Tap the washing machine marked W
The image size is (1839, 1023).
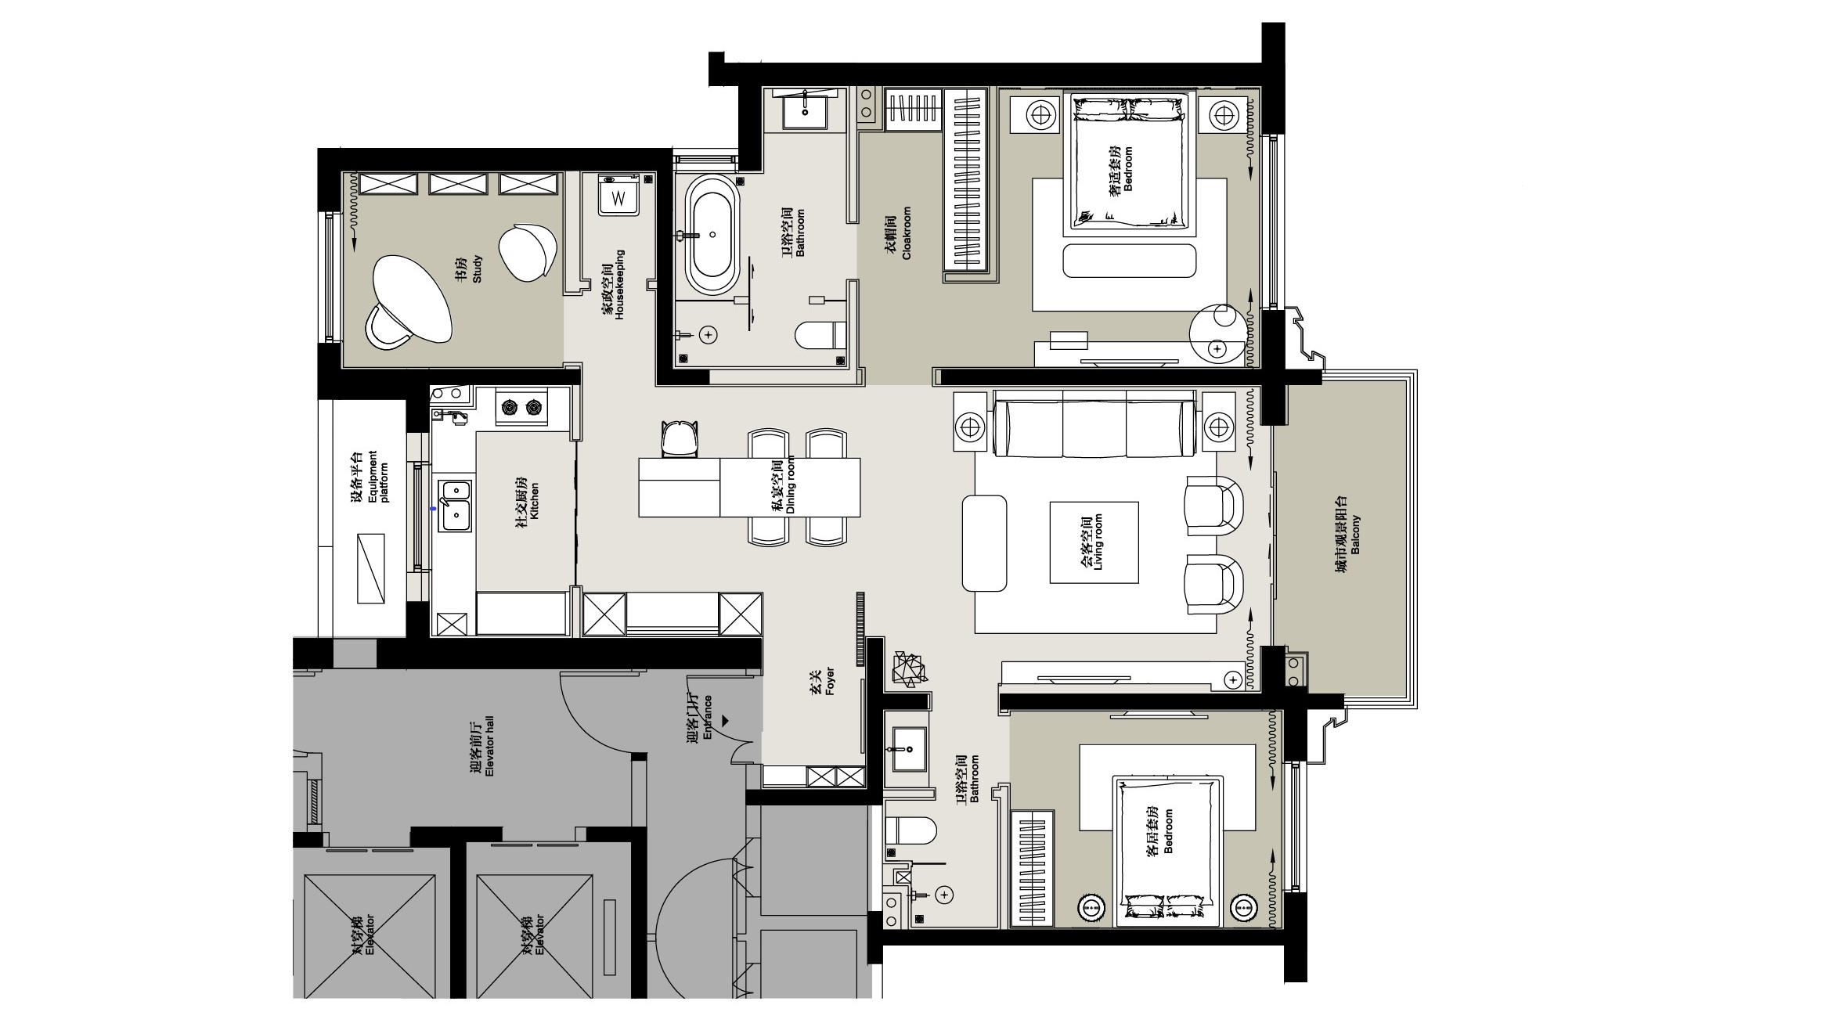[618, 194]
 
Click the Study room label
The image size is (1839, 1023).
[471, 268]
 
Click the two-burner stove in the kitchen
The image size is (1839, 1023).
[521, 407]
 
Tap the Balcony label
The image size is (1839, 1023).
[1348, 535]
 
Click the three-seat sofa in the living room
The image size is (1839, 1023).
[1094, 427]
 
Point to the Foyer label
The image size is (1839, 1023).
[822, 681]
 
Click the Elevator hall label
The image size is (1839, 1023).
[482, 749]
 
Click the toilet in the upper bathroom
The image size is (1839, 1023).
[820, 336]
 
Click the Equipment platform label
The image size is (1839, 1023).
[370, 477]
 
